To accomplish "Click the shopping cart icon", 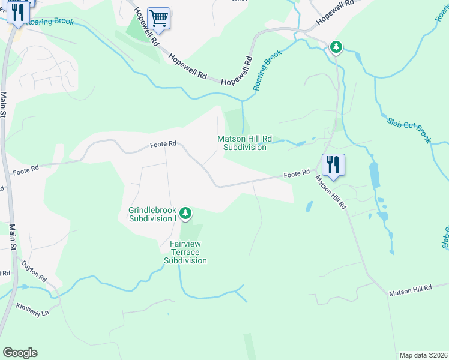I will pyautogui.click(x=158, y=18).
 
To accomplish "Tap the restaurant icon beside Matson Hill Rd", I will pyautogui.click(x=333, y=164).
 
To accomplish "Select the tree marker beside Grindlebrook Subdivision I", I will pyautogui.click(x=186, y=212).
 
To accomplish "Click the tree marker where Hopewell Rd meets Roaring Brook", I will pyautogui.click(x=336, y=46).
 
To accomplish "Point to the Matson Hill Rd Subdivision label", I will pyautogui.click(x=244, y=143).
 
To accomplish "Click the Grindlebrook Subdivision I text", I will pyautogui.click(x=152, y=214).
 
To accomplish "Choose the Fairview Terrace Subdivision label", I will pyautogui.click(x=185, y=252).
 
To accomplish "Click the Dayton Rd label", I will pyautogui.click(x=34, y=271).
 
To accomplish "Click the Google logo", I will pyautogui.click(x=20, y=353).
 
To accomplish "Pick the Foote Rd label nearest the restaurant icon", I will pyautogui.click(x=297, y=173).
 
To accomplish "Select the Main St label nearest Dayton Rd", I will pyautogui.click(x=12, y=237).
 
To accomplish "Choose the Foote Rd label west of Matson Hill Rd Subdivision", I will pyautogui.click(x=163, y=144).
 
